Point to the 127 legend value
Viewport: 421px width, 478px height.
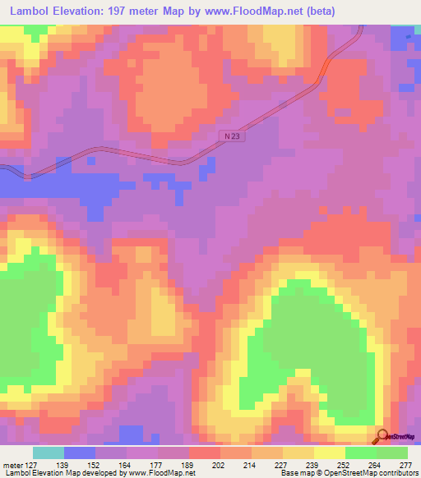click(30, 464)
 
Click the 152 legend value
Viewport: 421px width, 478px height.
click(95, 464)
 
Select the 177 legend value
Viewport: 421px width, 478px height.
click(157, 464)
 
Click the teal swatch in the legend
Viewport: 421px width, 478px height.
click(49, 453)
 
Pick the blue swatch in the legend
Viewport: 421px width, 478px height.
click(80, 453)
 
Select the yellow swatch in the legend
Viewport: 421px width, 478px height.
click(329, 453)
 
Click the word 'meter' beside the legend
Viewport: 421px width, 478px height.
click(12, 464)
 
